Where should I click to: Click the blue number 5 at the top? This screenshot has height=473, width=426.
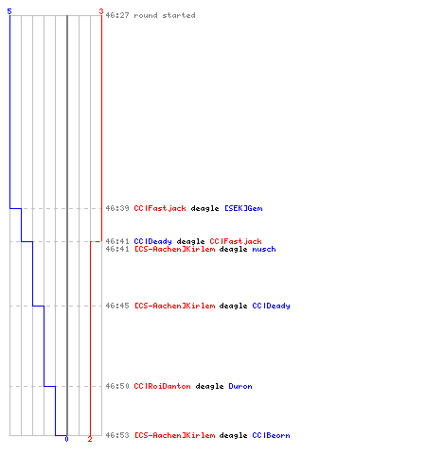point(9,11)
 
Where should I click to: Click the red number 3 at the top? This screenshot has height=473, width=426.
point(101,11)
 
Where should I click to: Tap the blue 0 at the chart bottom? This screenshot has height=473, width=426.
point(66,439)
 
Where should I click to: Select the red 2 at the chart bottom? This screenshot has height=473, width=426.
point(90,439)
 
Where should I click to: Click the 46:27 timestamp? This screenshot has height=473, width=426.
point(117,15)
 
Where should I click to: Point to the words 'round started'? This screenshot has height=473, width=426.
point(165,15)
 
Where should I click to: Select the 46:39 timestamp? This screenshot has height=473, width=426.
point(117,208)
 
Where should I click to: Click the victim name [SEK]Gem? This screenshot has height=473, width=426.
point(243,208)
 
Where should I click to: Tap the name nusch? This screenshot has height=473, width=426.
point(264,250)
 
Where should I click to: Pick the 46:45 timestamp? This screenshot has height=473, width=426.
point(117,306)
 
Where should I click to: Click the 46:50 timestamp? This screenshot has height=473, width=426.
point(117,386)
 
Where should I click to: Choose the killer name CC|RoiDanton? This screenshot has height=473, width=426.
point(162,386)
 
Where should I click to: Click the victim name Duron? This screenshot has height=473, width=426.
point(240,386)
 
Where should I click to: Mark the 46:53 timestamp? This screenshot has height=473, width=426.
point(117,435)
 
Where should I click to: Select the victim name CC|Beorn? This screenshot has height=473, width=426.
point(271,435)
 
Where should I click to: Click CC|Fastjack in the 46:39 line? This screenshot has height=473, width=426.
point(160,208)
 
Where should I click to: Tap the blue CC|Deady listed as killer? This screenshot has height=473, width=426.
point(152,241)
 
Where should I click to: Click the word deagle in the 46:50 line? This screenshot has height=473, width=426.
point(209,386)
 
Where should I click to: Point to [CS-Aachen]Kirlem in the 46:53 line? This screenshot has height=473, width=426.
point(175,435)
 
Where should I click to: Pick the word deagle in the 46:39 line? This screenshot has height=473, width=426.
point(204,208)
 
